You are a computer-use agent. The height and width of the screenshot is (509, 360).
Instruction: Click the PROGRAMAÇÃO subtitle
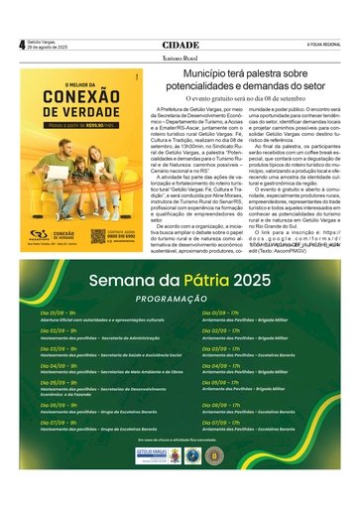180,300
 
